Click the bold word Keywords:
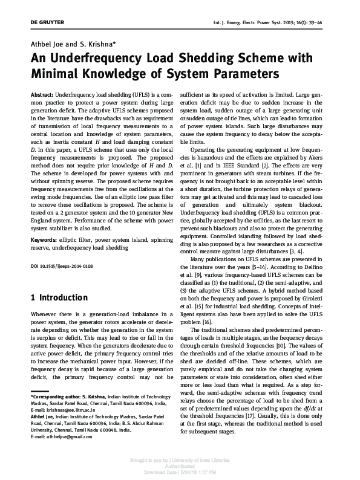43,223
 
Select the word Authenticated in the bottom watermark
181,467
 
